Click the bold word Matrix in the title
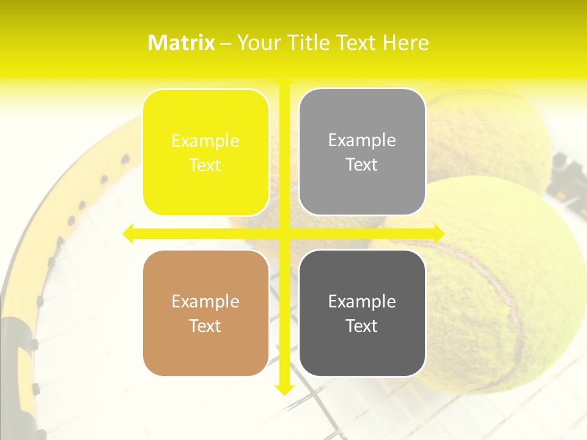point(182,43)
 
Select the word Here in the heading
point(405,43)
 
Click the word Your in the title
point(256,43)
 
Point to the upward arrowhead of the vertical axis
point(284,80)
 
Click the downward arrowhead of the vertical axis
point(284,389)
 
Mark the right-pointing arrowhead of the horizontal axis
point(438,233)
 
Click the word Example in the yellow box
point(205,141)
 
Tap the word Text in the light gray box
point(362,165)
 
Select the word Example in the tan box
point(205,301)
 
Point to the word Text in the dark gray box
point(362,326)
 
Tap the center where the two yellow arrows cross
point(284,233)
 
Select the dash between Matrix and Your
point(226,43)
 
